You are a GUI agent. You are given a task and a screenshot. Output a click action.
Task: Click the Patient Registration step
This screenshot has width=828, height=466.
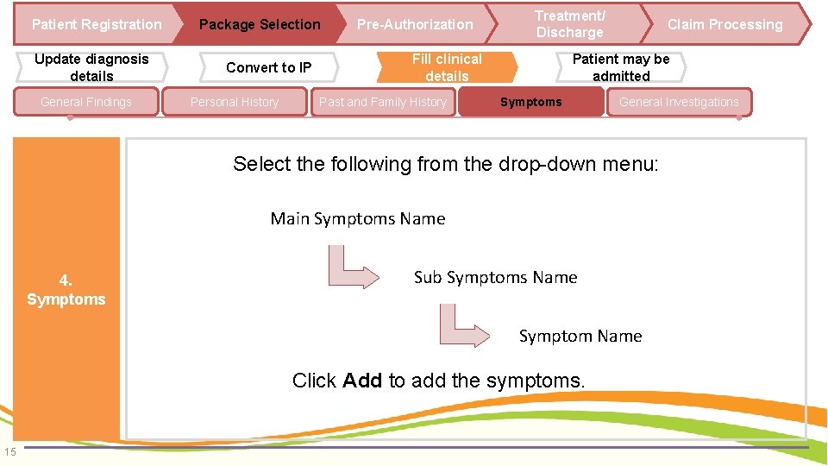pyautogui.click(x=96, y=24)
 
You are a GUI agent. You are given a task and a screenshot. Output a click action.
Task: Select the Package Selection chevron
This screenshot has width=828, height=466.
pyautogui.click(x=259, y=24)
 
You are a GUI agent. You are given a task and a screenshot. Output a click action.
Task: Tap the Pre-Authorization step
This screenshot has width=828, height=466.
pyautogui.click(x=415, y=24)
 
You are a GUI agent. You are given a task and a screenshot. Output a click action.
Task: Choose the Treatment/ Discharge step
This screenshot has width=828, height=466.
pyautogui.click(x=569, y=24)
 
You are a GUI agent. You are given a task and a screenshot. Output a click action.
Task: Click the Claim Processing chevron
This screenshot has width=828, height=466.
pyautogui.click(x=724, y=24)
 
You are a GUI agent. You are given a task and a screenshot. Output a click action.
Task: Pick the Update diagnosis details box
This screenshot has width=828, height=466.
pyautogui.click(x=91, y=67)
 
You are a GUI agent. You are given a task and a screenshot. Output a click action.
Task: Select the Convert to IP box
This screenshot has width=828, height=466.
pyautogui.click(x=268, y=67)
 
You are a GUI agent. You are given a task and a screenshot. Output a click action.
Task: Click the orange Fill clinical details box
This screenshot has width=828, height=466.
pyautogui.click(x=447, y=67)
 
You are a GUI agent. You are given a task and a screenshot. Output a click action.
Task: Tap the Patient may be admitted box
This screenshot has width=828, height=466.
pyautogui.click(x=621, y=67)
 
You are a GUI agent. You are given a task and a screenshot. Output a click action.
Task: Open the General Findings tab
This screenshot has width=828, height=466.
pyautogui.click(x=86, y=102)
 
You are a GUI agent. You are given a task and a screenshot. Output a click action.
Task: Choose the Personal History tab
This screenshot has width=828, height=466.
pyautogui.click(x=235, y=102)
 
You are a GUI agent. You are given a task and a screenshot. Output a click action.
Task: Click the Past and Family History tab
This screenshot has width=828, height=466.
pyautogui.click(x=383, y=102)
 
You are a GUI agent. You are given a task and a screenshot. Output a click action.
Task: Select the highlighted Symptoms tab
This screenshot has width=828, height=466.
pyautogui.click(x=530, y=102)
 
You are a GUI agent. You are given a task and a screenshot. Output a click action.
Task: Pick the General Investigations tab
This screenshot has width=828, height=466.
pyautogui.click(x=679, y=102)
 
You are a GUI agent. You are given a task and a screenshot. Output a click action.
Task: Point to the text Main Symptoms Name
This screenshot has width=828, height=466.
pyautogui.click(x=358, y=218)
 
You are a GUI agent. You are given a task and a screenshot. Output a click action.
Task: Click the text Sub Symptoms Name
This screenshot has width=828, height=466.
pyautogui.click(x=495, y=277)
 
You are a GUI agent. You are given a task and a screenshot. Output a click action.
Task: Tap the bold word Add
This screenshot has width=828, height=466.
pyautogui.click(x=362, y=381)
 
